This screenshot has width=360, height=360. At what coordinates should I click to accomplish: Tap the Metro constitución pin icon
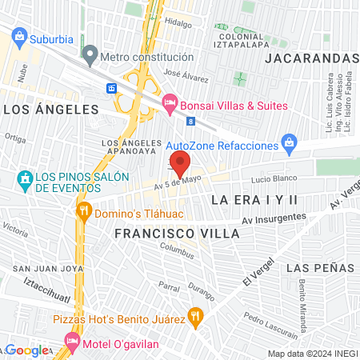(90, 57)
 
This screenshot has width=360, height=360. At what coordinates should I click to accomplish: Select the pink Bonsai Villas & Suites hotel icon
(169, 102)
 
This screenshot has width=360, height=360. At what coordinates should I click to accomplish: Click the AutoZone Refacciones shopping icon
(290, 145)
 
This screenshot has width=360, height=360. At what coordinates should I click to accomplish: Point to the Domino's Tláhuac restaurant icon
(83, 214)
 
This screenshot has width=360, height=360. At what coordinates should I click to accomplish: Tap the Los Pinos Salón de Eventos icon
(24, 177)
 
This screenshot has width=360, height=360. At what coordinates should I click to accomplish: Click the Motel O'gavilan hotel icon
(72, 342)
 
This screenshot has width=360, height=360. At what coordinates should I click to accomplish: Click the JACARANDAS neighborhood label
(311, 59)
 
